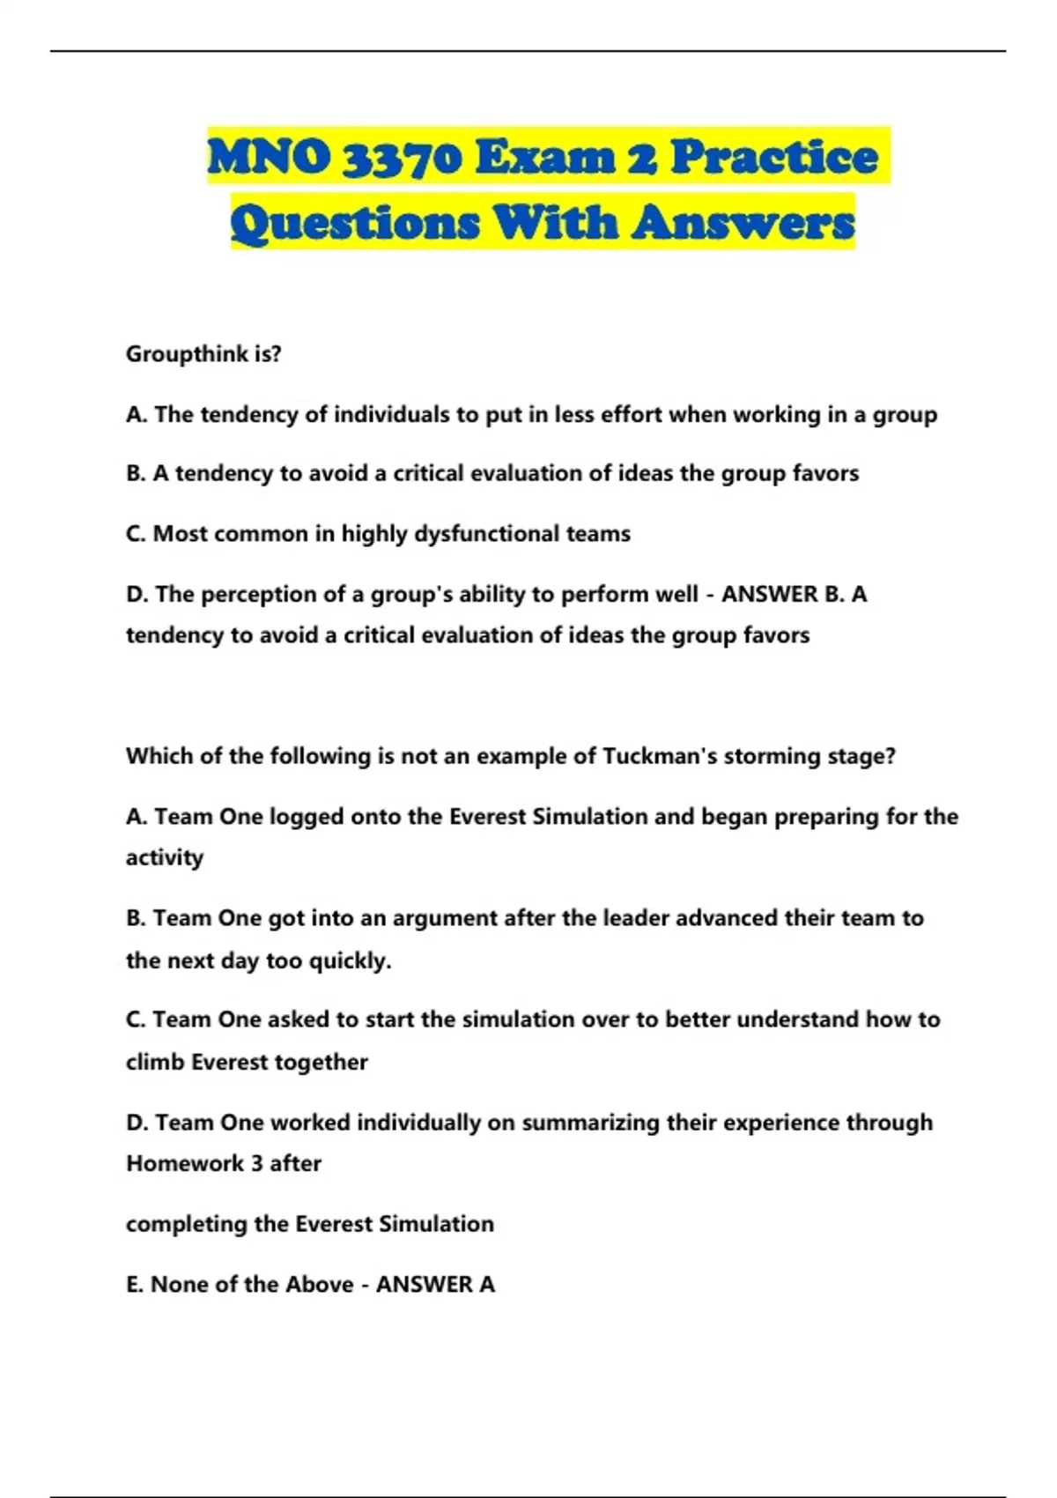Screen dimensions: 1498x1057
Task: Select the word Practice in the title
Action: point(774,158)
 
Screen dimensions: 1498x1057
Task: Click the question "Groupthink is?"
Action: point(203,354)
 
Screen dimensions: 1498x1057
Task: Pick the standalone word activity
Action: point(165,857)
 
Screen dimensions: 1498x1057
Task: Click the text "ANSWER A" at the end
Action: point(435,1285)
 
